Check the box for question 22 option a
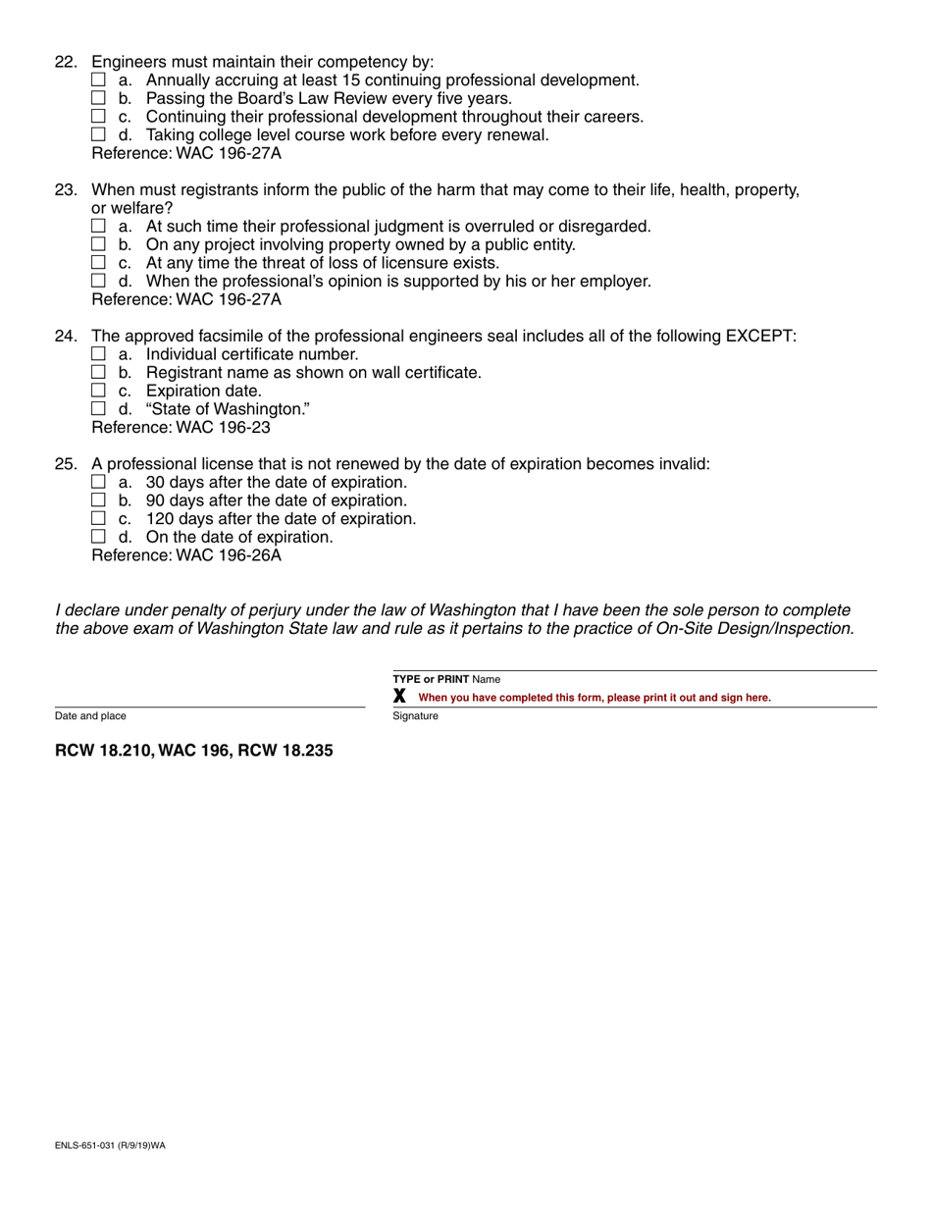pos(98,79)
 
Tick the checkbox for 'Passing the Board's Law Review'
pos(98,98)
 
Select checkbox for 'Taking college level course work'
pos(98,134)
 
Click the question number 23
pos(65,189)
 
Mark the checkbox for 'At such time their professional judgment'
pos(98,226)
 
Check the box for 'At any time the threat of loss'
pos(98,262)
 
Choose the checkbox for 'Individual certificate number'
pos(98,353)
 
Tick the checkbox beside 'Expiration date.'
pos(98,391)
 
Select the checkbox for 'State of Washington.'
pos(98,408)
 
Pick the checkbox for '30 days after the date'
pos(98,482)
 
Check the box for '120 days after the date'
pos(98,518)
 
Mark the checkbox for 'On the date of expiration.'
pos(98,537)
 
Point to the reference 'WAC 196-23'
pos(223,427)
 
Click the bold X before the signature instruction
pos(399,697)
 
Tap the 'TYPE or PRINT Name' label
pos(446,679)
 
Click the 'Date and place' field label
pos(90,716)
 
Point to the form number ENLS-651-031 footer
pos(110,1145)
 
